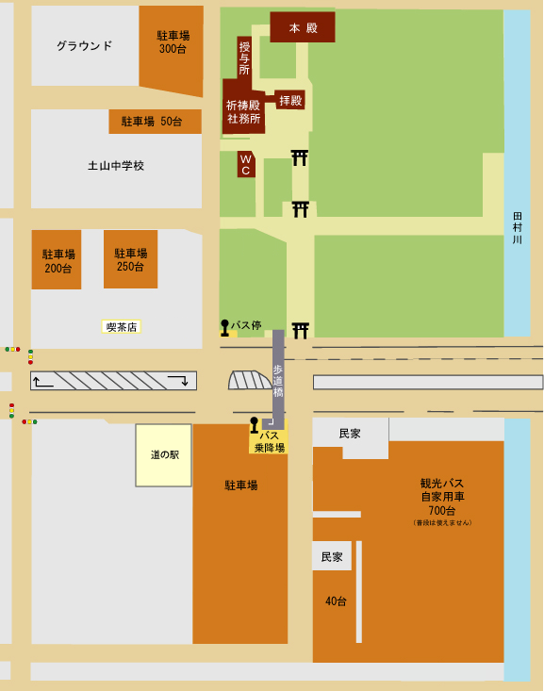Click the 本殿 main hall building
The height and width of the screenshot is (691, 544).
pyautogui.click(x=303, y=27)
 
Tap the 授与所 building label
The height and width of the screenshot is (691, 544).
pyautogui.click(x=244, y=58)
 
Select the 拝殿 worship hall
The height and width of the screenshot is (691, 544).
pyautogui.click(x=290, y=100)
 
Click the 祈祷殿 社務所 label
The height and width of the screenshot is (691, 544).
pyautogui.click(x=243, y=112)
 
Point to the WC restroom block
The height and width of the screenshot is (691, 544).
pyautogui.click(x=245, y=164)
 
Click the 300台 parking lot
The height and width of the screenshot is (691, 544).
pyautogui.click(x=172, y=43)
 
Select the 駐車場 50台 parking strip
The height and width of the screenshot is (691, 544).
pyautogui.click(x=155, y=122)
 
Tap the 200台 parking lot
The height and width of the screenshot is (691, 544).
pyautogui.click(x=58, y=259)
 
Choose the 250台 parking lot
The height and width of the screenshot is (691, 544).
pyautogui.click(x=130, y=259)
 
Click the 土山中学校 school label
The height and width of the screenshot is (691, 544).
pyautogui.click(x=116, y=166)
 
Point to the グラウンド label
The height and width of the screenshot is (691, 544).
pyautogui.click(x=84, y=45)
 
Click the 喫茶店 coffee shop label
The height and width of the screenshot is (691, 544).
pyautogui.click(x=122, y=327)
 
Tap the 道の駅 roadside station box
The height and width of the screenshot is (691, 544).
pyautogui.click(x=164, y=454)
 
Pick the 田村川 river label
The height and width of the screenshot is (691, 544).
pyautogui.click(x=517, y=228)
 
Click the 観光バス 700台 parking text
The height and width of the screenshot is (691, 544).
pyautogui.click(x=442, y=497)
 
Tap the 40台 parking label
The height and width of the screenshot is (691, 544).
pyautogui.click(x=336, y=601)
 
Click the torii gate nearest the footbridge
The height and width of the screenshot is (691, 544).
pyautogui.click(x=301, y=330)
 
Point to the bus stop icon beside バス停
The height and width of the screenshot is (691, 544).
pyautogui.click(x=225, y=327)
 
